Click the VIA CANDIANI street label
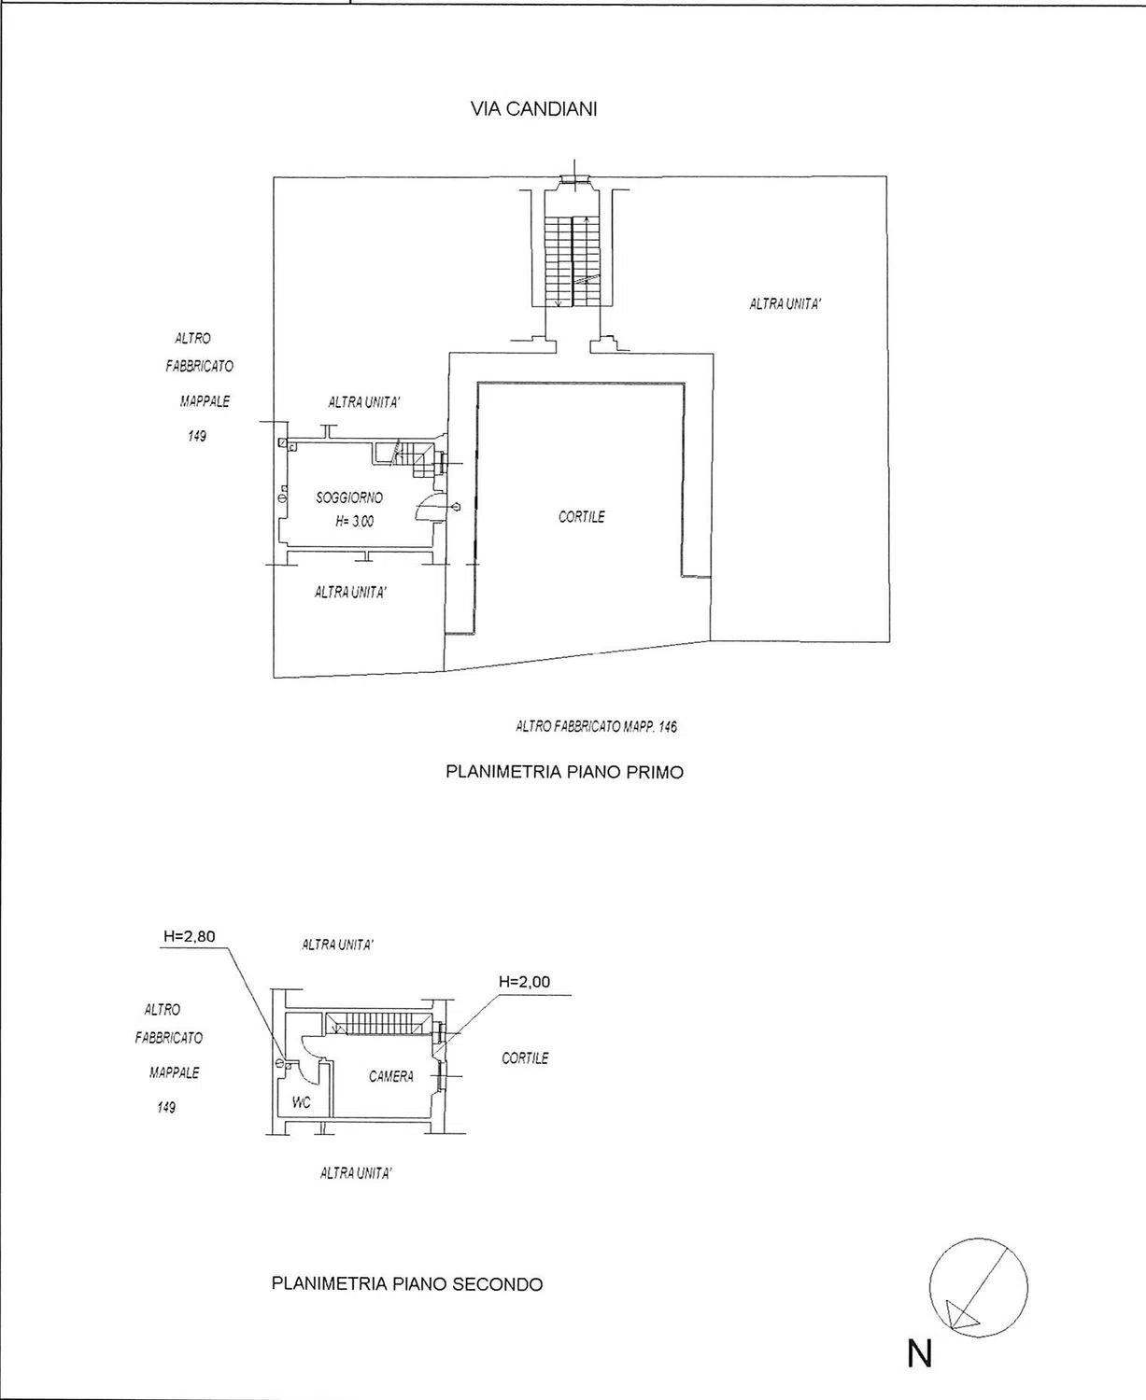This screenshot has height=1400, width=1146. (x=533, y=109)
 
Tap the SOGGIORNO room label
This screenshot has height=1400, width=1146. (x=349, y=497)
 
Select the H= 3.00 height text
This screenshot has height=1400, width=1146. (x=355, y=521)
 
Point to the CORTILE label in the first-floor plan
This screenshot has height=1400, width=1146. (x=581, y=516)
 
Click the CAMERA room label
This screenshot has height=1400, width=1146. (x=391, y=1076)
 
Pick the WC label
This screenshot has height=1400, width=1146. (x=301, y=1102)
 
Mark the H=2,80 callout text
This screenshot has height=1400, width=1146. (x=190, y=937)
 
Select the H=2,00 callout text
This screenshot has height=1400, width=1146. (x=525, y=982)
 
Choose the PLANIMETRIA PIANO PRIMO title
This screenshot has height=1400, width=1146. (x=565, y=772)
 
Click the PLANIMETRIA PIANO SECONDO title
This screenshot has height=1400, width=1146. (x=407, y=1284)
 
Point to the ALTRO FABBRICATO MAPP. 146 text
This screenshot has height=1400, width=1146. (x=597, y=727)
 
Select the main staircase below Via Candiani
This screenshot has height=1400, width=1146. (x=572, y=261)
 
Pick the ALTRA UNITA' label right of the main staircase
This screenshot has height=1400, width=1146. (x=785, y=304)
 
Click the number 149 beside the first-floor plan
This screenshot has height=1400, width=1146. (x=197, y=436)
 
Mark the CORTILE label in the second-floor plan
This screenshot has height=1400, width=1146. (x=525, y=1058)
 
